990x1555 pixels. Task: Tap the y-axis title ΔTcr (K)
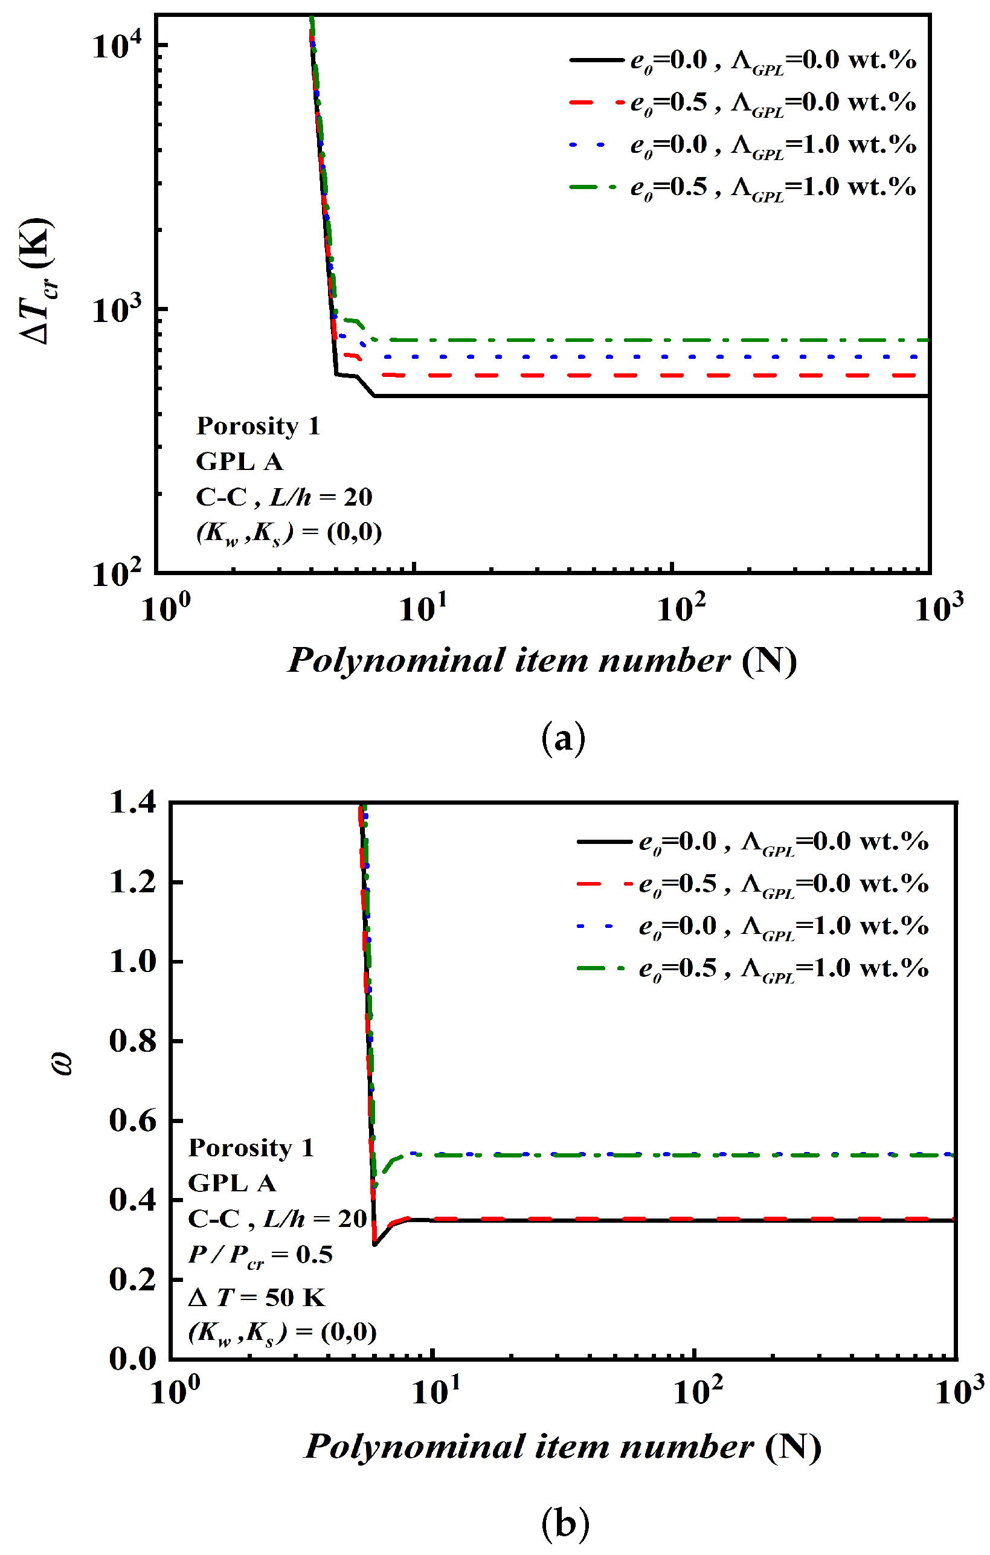click(x=37, y=282)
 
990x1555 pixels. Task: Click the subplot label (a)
click(x=563, y=738)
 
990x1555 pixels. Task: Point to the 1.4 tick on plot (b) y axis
click(x=133, y=803)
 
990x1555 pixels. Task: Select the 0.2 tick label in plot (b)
click(x=133, y=1280)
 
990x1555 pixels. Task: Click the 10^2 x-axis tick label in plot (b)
click(x=698, y=1391)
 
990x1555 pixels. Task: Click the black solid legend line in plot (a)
click(x=597, y=60)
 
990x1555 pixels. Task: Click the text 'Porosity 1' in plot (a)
click(x=259, y=426)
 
